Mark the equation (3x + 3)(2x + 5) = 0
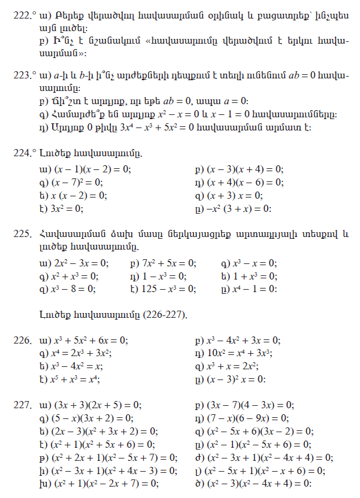pos(95,404)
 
